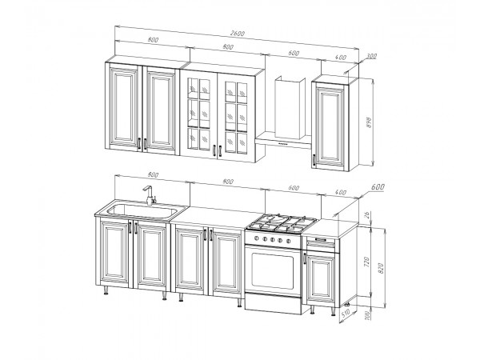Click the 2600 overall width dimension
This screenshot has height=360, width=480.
tap(238, 34)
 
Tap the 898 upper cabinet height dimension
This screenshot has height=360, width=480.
tap(369, 122)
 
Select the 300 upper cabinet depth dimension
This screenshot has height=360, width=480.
tap(371, 56)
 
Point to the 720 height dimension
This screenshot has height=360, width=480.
tap(367, 262)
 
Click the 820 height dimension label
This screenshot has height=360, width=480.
tap(381, 268)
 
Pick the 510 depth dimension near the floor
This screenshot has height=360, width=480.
tap(346, 314)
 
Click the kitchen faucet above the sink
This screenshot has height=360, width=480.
tap(149, 195)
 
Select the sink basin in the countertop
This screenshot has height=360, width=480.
tap(142, 210)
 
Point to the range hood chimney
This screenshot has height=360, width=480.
tap(290, 108)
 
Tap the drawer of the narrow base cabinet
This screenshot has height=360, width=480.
tap(321, 244)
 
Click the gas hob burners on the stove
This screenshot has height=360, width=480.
tap(283, 223)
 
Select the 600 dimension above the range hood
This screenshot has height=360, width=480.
tap(294, 53)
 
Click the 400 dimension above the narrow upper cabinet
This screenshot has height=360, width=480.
tap(341, 58)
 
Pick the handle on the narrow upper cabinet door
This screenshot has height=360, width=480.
tap(314, 159)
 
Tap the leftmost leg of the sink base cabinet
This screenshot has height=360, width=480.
tap(106, 290)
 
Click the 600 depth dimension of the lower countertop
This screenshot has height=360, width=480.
tap(378, 186)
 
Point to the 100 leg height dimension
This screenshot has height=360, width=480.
tap(367, 315)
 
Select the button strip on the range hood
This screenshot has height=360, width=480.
tap(283, 143)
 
